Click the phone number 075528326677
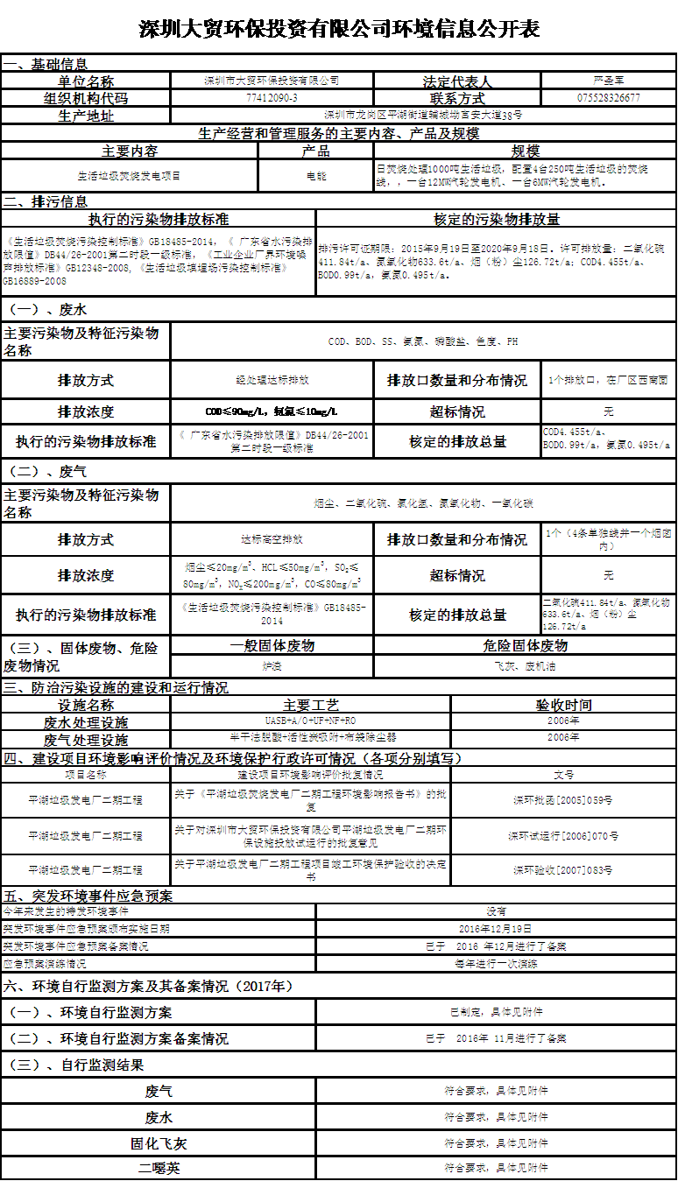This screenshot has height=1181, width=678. pyautogui.click(x=609, y=97)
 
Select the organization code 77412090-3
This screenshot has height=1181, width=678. pyautogui.click(x=272, y=97)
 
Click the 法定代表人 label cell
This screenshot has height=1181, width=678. pyautogui.click(x=457, y=81)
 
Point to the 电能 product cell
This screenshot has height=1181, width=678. pyautogui.click(x=315, y=175)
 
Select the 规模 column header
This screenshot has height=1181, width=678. pyautogui.click(x=526, y=151)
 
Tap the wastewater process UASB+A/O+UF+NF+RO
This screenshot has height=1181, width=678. pyautogui.click(x=311, y=721)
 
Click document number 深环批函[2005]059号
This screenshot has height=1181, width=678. pyautogui.click(x=563, y=799)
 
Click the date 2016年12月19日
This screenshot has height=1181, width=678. pyautogui.click(x=496, y=928)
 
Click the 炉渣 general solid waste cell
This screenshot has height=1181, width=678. pyautogui.click(x=272, y=665)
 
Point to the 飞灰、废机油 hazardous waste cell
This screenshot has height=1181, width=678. pyautogui.click(x=525, y=665)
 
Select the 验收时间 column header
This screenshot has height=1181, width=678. pyautogui.click(x=563, y=704)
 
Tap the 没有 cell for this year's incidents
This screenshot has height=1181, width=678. pyautogui.click(x=496, y=911)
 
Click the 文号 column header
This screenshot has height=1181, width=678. pyautogui.click(x=563, y=774)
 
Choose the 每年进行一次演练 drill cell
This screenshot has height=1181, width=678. pyautogui.click(x=496, y=963)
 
